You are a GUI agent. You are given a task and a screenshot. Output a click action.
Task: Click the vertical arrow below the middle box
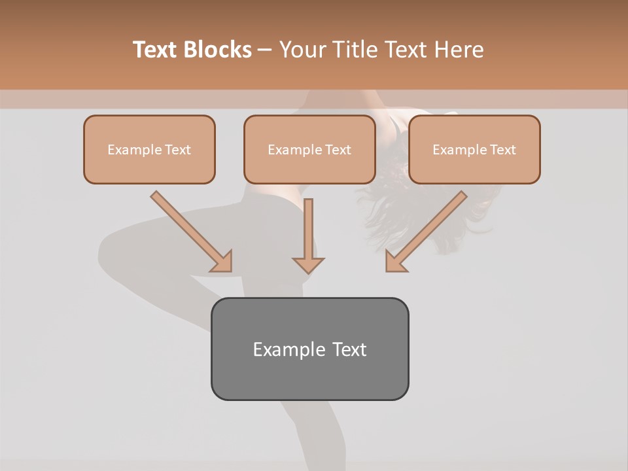click(x=308, y=229)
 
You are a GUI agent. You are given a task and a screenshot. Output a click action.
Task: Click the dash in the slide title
click(x=265, y=50)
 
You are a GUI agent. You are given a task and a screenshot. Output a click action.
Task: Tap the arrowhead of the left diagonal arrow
click(x=222, y=262)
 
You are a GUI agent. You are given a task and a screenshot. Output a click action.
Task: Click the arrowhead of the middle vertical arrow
click(x=308, y=264)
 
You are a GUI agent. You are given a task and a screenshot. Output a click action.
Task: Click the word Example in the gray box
click(x=289, y=349)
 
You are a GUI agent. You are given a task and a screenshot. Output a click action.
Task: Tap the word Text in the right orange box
click(x=502, y=150)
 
